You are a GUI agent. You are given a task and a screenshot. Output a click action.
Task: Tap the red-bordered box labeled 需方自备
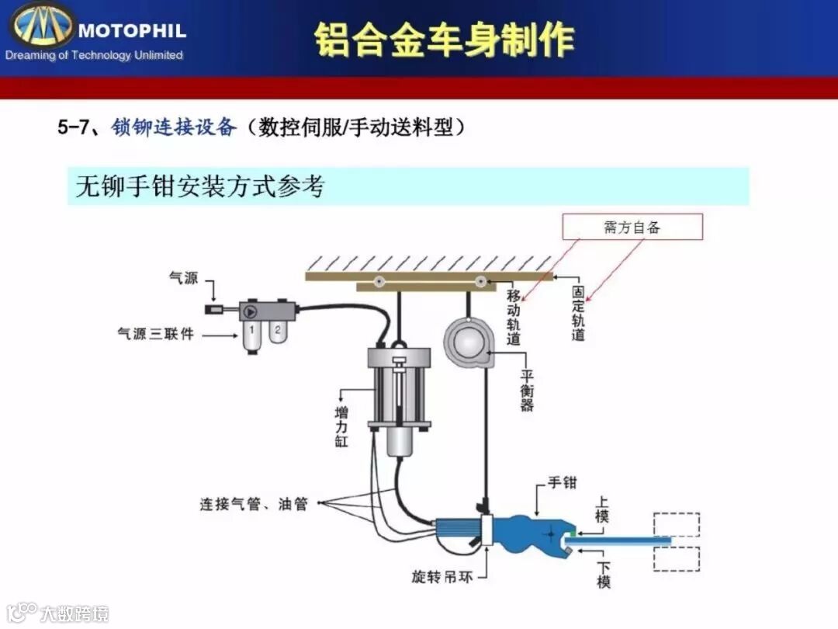click(632, 227)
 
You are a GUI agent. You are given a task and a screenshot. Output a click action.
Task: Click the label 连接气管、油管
click(254, 504)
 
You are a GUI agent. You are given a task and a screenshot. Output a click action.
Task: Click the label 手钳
click(563, 483)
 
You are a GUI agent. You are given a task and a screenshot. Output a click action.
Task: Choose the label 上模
click(603, 509)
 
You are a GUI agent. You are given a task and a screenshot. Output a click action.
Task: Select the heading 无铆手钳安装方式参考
click(199, 186)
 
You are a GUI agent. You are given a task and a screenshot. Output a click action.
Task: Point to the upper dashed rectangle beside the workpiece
click(677, 524)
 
